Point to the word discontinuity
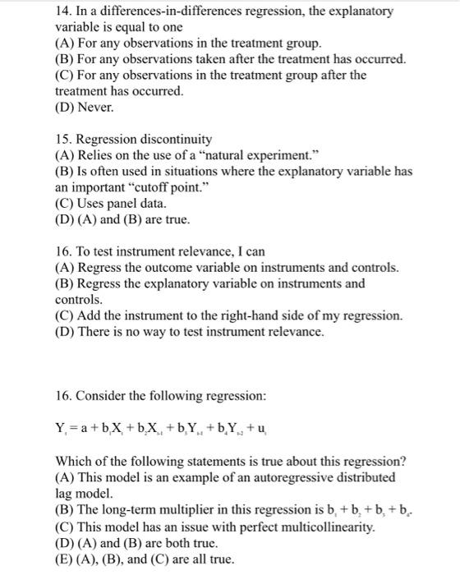pyautogui.click(x=174, y=139)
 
